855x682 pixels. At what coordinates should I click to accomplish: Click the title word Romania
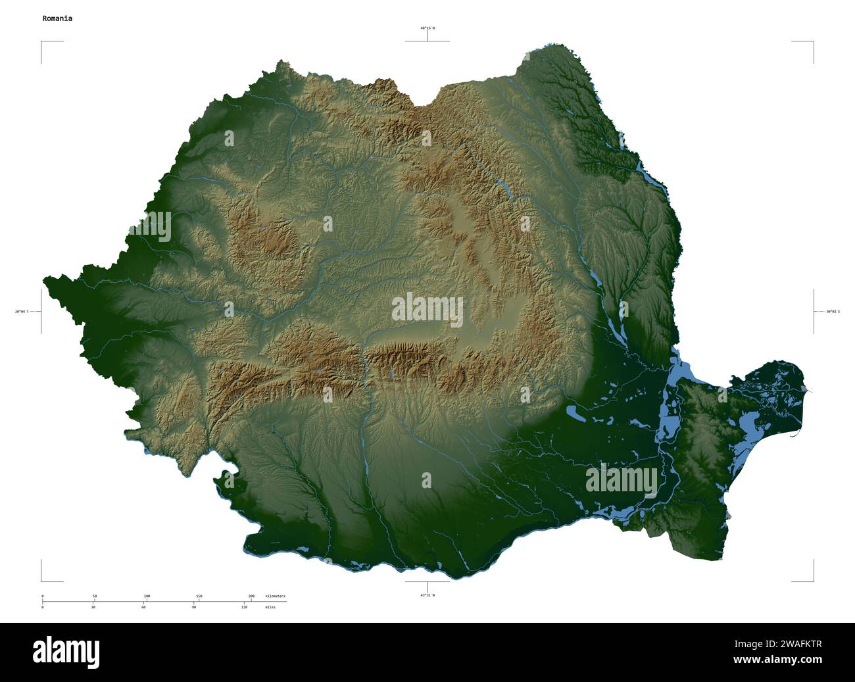[x=57, y=18]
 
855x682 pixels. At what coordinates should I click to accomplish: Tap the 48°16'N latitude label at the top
[x=427, y=28]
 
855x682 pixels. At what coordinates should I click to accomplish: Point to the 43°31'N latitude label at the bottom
[x=427, y=595]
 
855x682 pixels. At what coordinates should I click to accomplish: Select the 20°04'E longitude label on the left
[x=22, y=312]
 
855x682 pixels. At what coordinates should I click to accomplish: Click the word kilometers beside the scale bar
[x=275, y=596]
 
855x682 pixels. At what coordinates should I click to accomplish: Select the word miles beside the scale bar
[x=270, y=607]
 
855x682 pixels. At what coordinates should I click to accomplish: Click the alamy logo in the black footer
[x=66, y=652]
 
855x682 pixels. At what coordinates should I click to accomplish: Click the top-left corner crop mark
[x=42, y=42]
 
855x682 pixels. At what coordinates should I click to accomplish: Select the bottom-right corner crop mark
[x=813, y=581]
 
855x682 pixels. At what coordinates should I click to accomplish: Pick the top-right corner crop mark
[x=813, y=42]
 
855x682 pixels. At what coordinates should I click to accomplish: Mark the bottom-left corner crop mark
[x=42, y=581]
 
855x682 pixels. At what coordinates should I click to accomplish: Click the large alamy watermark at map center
[x=427, y=310]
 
